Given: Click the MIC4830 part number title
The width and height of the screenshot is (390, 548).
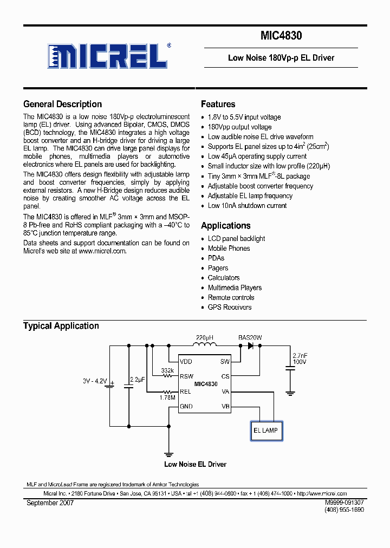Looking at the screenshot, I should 281,36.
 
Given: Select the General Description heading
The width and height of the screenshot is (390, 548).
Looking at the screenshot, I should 62,104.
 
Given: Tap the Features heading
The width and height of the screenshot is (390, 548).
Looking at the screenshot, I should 218,104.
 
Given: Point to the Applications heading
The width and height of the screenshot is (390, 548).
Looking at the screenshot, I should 225,225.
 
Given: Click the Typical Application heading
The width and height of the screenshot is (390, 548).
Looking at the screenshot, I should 61,325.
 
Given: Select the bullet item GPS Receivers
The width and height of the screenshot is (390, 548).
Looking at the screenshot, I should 230,307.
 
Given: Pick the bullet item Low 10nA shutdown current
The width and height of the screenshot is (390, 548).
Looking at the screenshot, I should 247,205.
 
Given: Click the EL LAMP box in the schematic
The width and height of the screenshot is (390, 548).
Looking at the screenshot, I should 265,430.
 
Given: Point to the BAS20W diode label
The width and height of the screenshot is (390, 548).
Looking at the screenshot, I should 250,337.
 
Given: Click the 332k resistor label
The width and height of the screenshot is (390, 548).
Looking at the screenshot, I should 167,371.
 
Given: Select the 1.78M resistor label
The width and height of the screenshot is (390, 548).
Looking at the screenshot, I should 168,397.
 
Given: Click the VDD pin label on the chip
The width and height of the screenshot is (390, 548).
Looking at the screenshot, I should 186,361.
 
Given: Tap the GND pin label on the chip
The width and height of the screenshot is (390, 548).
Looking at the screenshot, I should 186,406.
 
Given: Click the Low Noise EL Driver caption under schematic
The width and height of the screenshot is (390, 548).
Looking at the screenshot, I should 195,464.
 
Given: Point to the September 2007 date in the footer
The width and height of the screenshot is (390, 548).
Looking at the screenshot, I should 50,503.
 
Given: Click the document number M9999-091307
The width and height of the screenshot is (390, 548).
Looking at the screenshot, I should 344,503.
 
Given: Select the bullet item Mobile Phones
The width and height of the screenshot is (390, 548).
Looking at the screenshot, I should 229,248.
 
